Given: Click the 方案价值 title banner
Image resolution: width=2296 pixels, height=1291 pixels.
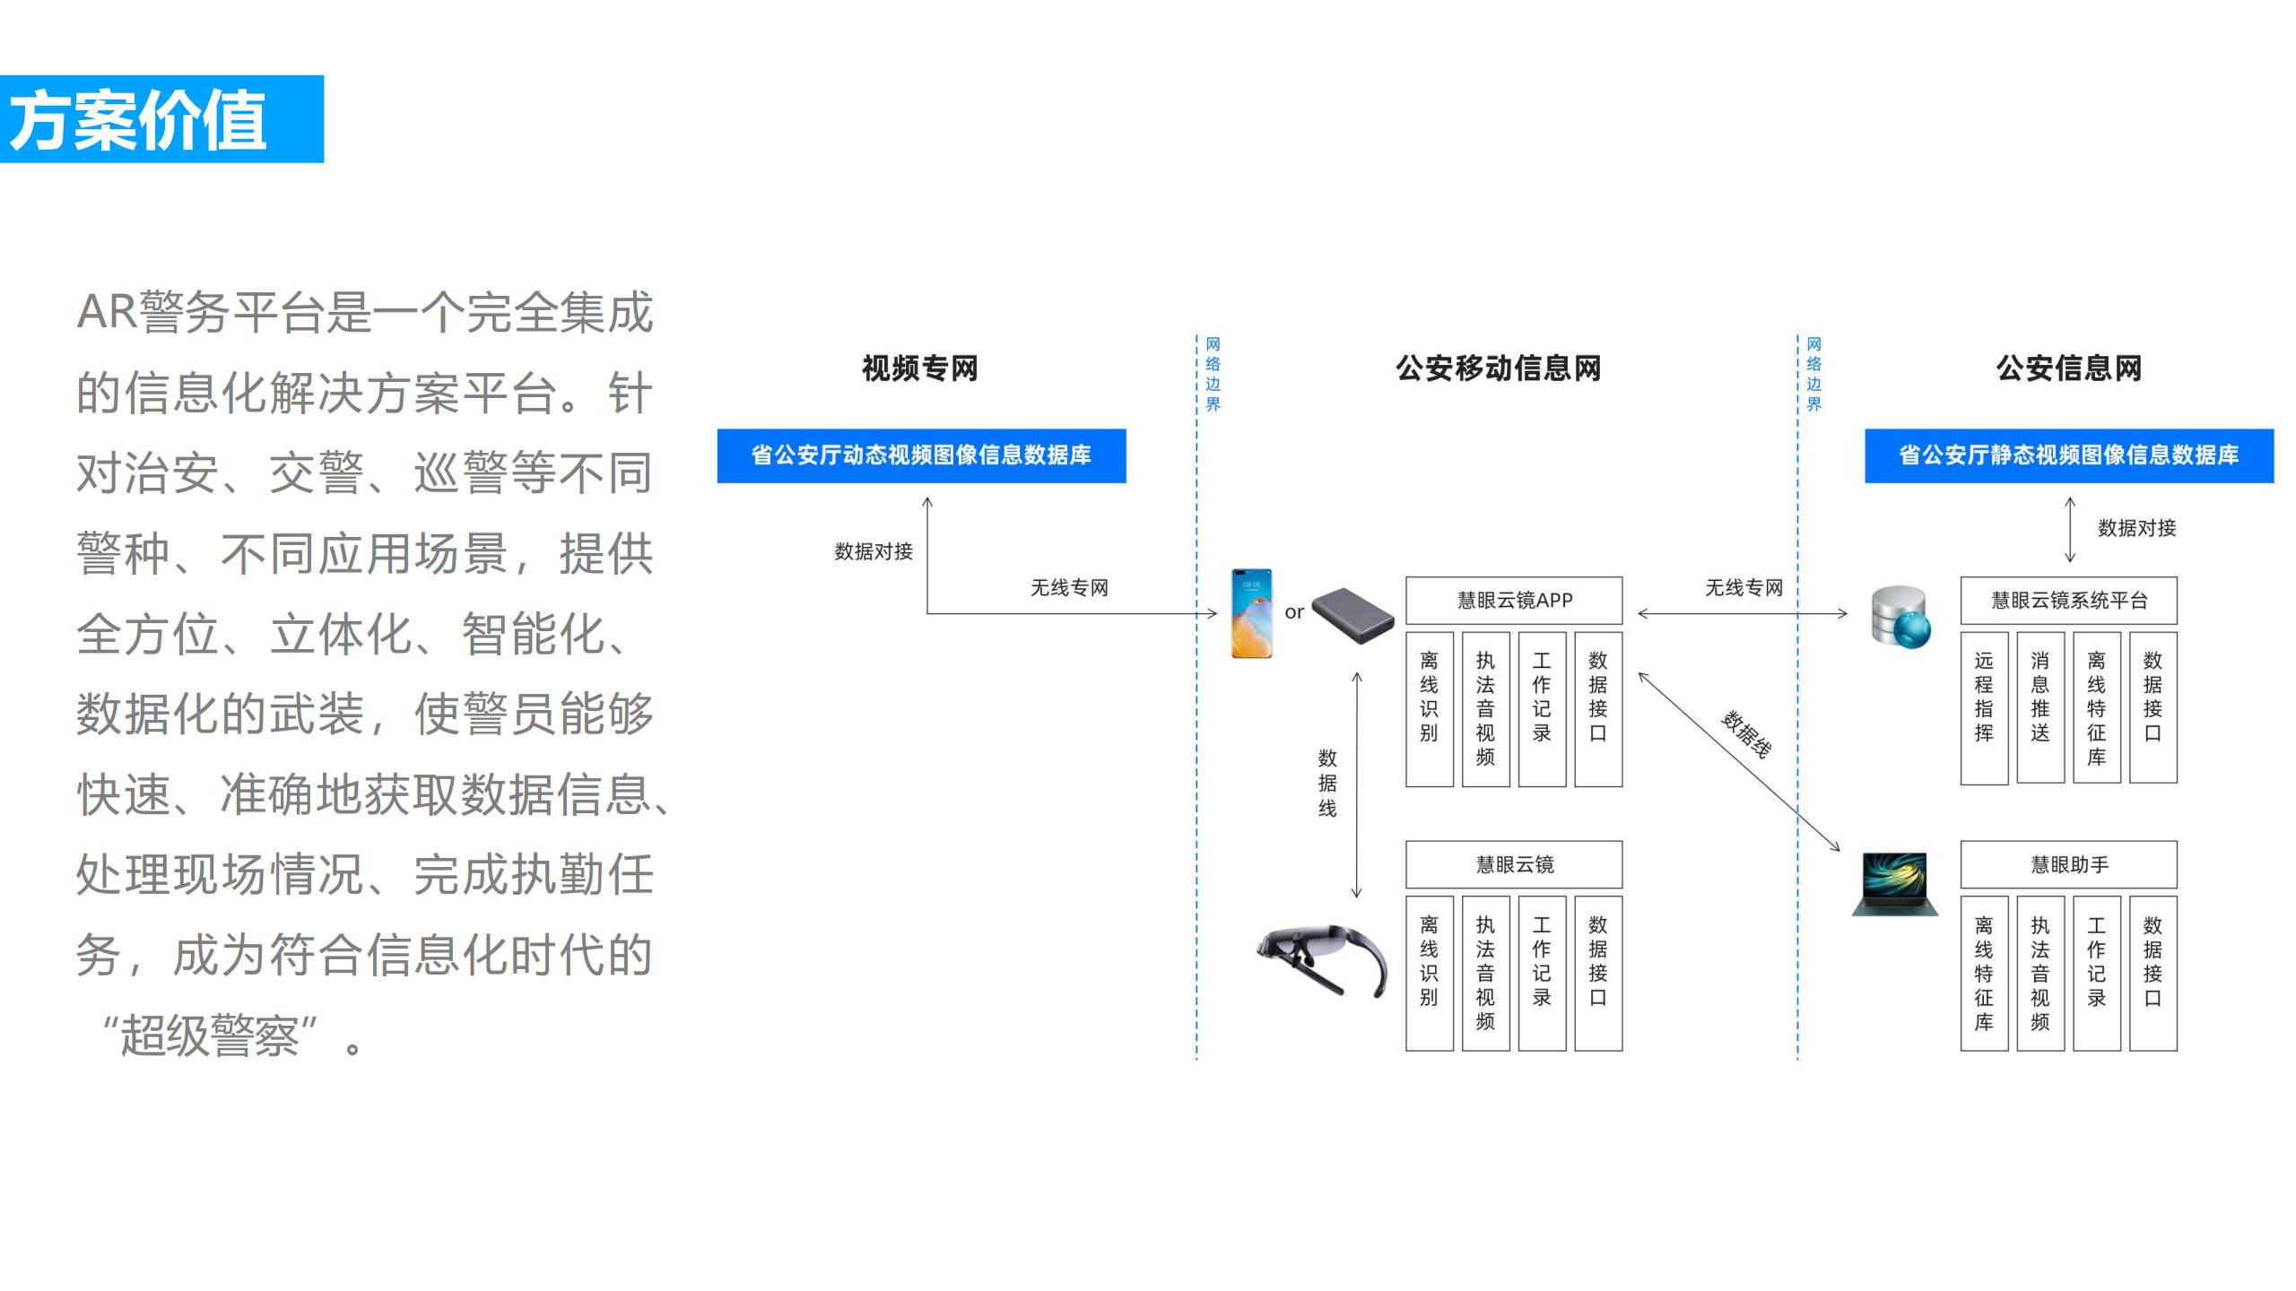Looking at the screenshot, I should pyautogui.click(x=161, y=119).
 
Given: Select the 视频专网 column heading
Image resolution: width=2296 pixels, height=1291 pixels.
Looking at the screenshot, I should pyautogui.click(x=919, y=368).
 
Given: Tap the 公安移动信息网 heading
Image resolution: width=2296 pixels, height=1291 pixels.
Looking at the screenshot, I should pyautogui.click(x=1498, y=368).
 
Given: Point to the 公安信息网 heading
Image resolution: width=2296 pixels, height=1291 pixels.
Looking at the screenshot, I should pyautogui.click(x=2068, y=368).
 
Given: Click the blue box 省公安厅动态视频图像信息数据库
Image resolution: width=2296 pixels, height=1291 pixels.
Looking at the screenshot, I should pyautogui.click(x=921, y=455).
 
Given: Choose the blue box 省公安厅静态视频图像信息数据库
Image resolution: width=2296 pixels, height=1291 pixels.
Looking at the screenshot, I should pyautogui.click(x=2068, y=455).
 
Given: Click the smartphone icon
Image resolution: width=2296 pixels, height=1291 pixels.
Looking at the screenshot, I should pyautogui.click(x=1251, y=613).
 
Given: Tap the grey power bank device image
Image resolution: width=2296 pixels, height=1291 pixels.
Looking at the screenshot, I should pyautogui.click(x=1352, y=615).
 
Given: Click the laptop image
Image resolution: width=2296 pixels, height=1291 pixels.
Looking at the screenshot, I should pyautogui.click(x=1895, y=884).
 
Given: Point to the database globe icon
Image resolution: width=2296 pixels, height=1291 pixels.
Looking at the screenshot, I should pyautogui.click(x=1900, y=617).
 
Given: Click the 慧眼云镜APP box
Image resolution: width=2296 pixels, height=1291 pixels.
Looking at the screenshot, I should pyautogui.click(x=1514, y=601).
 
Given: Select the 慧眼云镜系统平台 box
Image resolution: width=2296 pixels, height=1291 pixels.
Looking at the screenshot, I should pyautogui.click(x=2068, y=601).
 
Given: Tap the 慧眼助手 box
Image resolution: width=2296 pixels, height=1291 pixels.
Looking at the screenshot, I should pyautogui.click(x=2068, y=865).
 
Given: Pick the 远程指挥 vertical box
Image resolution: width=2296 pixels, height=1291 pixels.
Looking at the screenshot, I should pyautogui.click(x=1984, y=708).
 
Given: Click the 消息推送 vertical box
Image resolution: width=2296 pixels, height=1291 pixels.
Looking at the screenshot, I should pyautogui.click(x=2040, y=708).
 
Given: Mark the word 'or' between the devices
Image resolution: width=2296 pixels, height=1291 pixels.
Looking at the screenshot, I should pyautogui.click(x=1293, y=612).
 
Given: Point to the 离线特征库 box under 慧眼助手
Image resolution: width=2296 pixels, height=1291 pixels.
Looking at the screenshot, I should pyautogui.click(x=1984, y=973).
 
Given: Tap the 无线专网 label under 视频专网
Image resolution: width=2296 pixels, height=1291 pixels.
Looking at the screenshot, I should pyautogui.click(x=1069, y=588).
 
